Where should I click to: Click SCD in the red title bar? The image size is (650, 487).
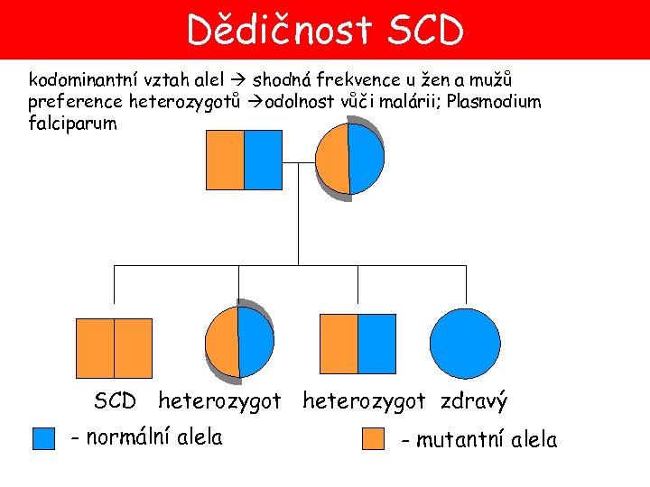(x=422, y=31)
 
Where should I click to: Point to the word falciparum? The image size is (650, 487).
(x=72, y=124)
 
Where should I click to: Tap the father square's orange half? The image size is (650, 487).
(x=226, y=160)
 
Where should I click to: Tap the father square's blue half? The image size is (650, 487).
(x=264, y=160)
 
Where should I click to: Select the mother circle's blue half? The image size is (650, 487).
(x=367, y=158)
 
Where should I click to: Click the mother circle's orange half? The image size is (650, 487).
(x=334, y=158)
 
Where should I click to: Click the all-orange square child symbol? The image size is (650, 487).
(x=114, y=347)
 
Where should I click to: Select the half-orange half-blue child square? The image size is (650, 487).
(x=357, y=345)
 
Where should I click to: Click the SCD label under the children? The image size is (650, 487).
(x=115, y=400)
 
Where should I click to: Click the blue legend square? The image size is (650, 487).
(x=43, y=438)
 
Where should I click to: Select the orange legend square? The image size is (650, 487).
(x=373, y=438)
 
